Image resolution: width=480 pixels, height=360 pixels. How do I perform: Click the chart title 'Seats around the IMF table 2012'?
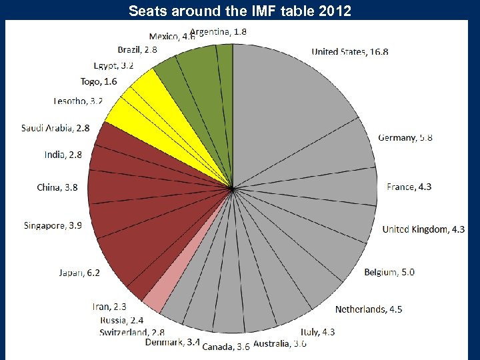239,11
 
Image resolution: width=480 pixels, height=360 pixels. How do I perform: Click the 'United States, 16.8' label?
350,51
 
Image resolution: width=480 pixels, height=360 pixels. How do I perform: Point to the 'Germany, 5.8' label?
405,137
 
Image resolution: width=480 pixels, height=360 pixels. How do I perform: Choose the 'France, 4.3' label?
409,187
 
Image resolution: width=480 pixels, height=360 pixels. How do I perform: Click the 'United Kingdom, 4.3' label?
423,229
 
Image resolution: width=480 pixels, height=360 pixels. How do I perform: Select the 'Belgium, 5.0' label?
389,272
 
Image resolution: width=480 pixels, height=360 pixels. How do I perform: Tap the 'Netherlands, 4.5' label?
369,309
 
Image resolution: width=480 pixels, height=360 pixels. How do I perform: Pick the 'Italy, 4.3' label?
318,331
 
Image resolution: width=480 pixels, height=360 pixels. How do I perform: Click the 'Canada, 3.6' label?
226,347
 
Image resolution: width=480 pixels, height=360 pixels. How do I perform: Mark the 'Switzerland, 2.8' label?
132,332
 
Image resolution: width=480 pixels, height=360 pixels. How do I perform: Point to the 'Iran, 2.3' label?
109,307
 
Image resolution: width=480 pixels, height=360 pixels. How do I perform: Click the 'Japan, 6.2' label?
79,273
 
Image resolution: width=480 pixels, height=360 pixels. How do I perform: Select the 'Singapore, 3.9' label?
53,225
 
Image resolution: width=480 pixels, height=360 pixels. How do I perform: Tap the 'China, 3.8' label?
57,187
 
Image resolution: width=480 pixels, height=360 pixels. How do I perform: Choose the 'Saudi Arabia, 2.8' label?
55,128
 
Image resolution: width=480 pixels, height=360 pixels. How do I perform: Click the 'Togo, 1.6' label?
99,81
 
